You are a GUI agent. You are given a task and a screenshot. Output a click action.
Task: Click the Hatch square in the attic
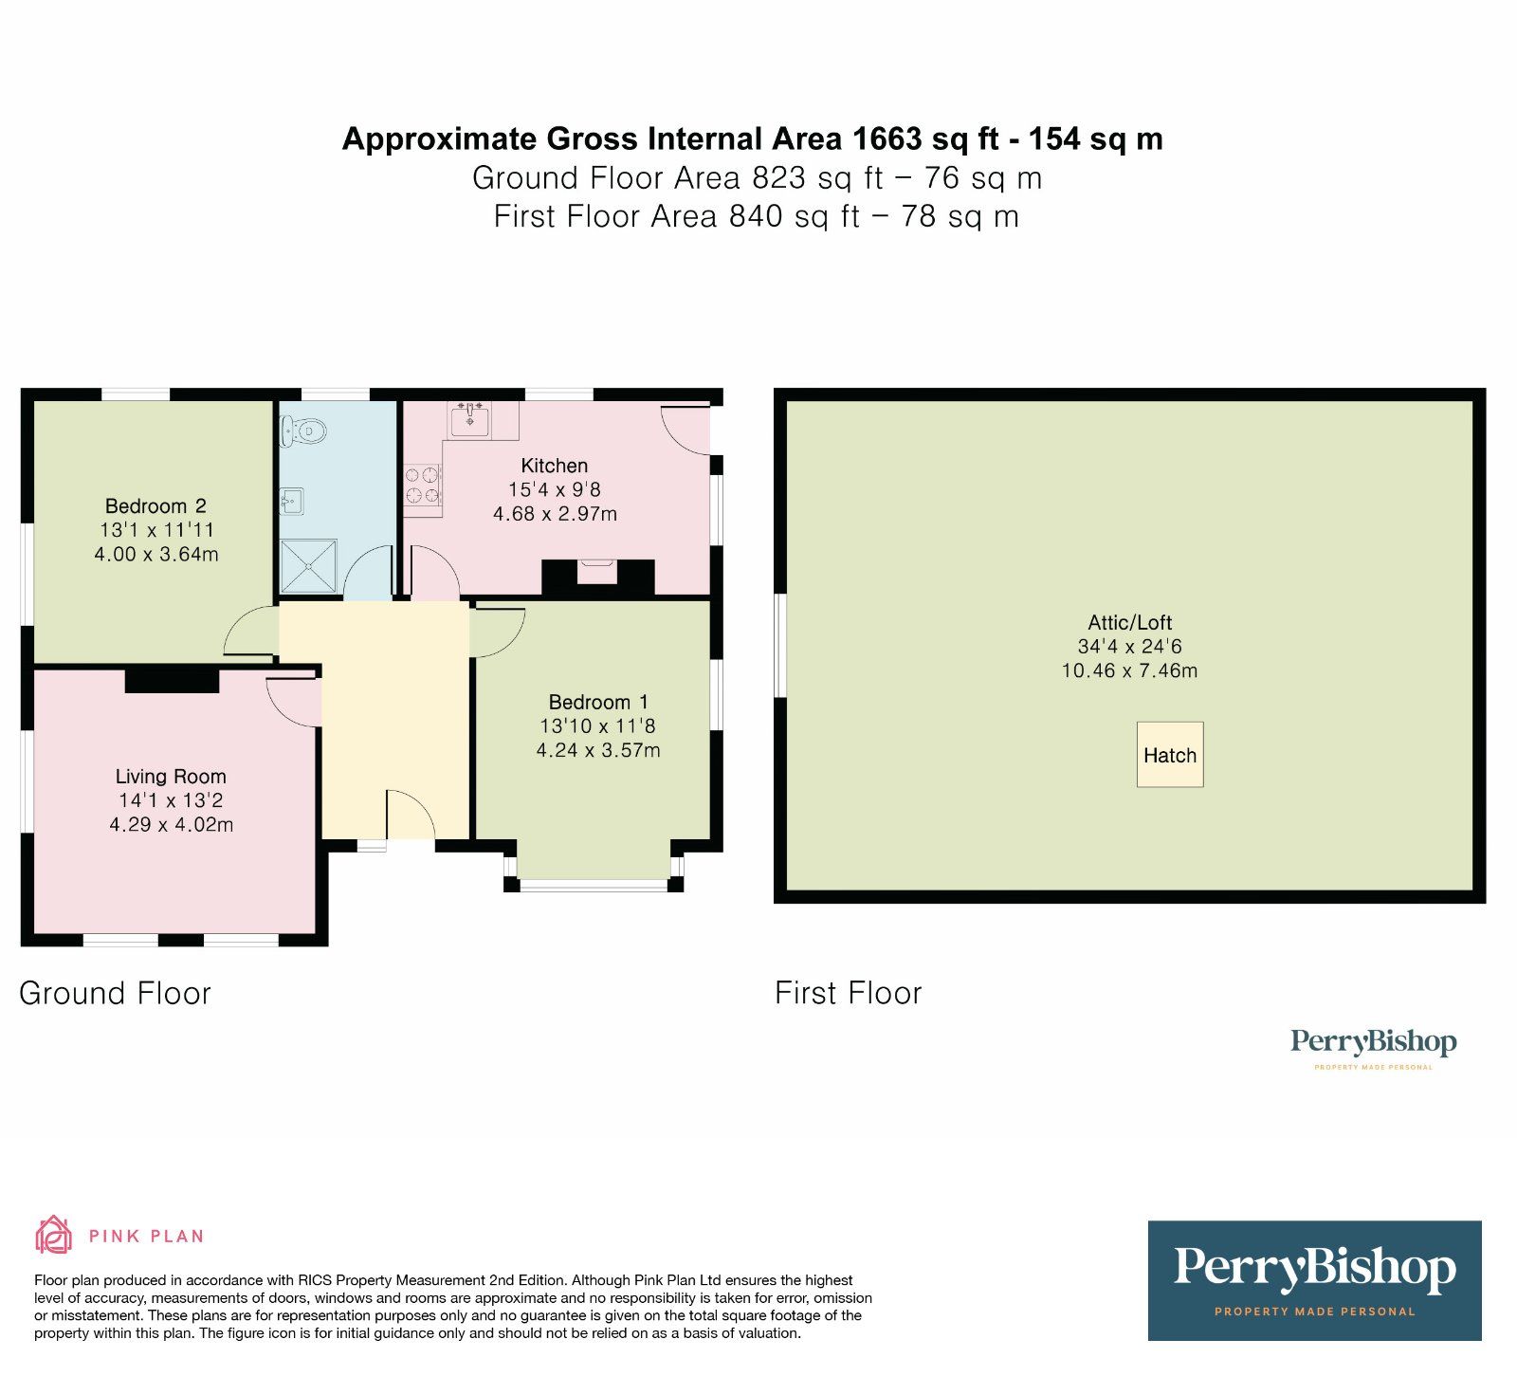pos(1170,755)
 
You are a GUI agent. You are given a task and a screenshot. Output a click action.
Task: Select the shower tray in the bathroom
pos(308,567)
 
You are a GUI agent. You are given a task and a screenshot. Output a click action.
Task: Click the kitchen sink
pos(470,419)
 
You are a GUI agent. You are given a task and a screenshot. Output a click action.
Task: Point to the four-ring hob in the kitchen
pos(423,484)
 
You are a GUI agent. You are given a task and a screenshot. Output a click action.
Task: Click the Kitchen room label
pos(554,466)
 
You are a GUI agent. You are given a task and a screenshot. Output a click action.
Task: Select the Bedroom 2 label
pos(155,506)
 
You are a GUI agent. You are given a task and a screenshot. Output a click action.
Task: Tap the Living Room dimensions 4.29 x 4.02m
pos(172,825)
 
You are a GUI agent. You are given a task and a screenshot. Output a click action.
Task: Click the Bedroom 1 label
pos(598,703)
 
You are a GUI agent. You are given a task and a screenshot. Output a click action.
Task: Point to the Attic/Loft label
pos(1129,623)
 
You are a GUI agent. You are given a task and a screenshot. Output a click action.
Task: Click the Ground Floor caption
pos(115,994)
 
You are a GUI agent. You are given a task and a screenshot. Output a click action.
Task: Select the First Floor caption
pos(848,994)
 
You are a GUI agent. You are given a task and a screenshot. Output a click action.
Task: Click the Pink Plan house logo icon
pos(53,1235)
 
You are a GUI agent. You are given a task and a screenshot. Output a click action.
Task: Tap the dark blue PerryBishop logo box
pos(1314,1280)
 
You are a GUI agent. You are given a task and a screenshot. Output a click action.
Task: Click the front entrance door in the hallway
pos(411,816)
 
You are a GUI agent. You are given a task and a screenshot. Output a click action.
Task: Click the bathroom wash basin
pos(292,500)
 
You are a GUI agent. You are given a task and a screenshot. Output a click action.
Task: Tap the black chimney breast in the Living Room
pos(173,680)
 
